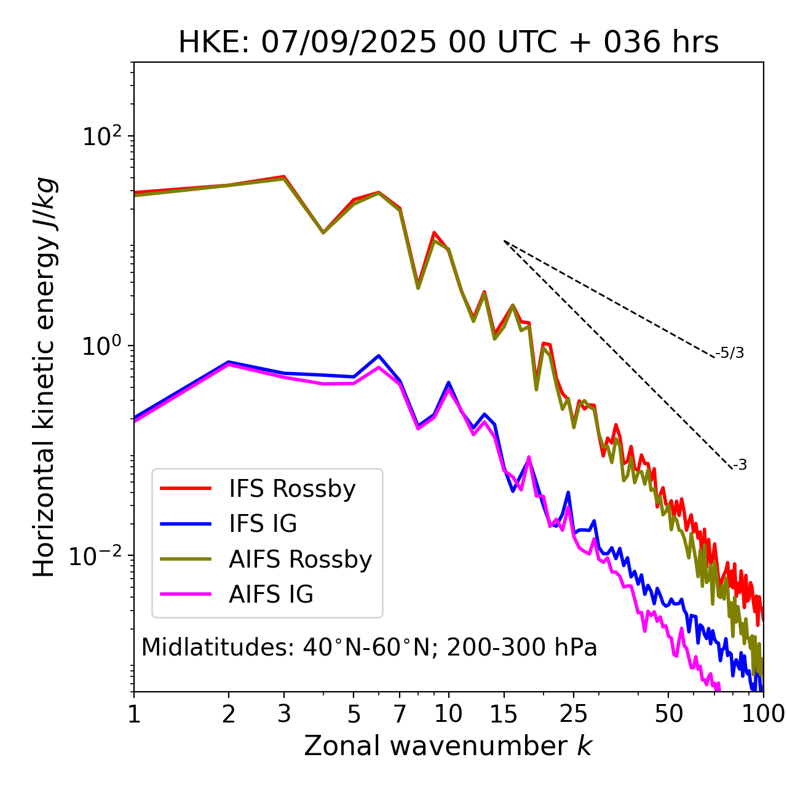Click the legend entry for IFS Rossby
pos(292,489)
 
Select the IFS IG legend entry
pos(263,524)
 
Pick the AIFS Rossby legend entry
pos(300,560)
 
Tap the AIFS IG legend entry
pos(271,595)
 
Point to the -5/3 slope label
pos(730,353)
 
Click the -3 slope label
pos(740,465)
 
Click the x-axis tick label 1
pos(134,714)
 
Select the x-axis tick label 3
pos(284,714)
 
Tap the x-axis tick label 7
pos(400,714)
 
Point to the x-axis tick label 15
pos(504,714)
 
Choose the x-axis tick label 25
pos(573,714)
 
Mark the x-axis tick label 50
pos(668,714)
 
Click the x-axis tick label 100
pos(762,714)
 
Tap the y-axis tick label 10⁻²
pos(98,556)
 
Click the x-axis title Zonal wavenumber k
pos(448,746)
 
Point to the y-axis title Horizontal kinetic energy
pos(44,377)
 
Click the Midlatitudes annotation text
pos(369,647)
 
